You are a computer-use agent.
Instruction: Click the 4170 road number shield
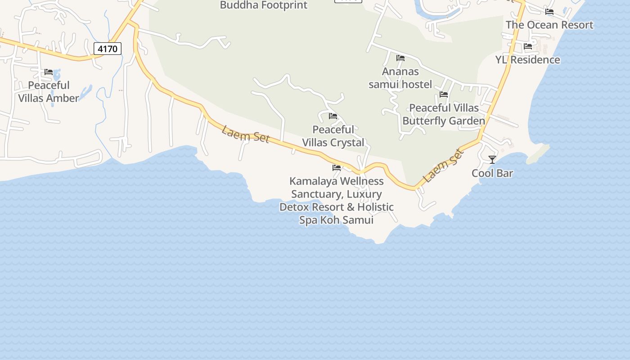pos(108,48)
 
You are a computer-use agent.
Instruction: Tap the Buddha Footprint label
pos(263,5)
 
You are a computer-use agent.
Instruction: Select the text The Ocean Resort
pos(549,25)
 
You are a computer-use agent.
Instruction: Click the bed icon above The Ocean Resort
pos(549,12)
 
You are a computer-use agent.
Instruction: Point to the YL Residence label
pos(527,60)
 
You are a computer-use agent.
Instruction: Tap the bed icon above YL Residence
pos(528,46)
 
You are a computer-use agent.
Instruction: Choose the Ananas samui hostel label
pos(400,78)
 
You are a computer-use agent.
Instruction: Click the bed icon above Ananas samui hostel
pos(400,58)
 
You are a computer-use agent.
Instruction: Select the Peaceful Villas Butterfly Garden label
pos(444,114)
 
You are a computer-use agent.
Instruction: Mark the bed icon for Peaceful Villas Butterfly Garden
pos(444,94)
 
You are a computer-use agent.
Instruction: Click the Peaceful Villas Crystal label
pos(333,136)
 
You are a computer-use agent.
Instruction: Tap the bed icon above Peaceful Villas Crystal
pos(333,116)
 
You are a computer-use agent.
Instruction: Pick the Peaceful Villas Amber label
pos(49,92)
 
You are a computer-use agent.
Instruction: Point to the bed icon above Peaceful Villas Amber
pos(49,72)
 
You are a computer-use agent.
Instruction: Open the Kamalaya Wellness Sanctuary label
pos(337,200)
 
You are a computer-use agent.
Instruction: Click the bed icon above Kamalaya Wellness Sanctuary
pos(337,168)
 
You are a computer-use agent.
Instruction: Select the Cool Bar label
pos(492,173)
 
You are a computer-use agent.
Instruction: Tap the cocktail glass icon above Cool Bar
pos(492,160)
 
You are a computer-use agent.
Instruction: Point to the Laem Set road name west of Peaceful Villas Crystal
pos(245,134)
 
